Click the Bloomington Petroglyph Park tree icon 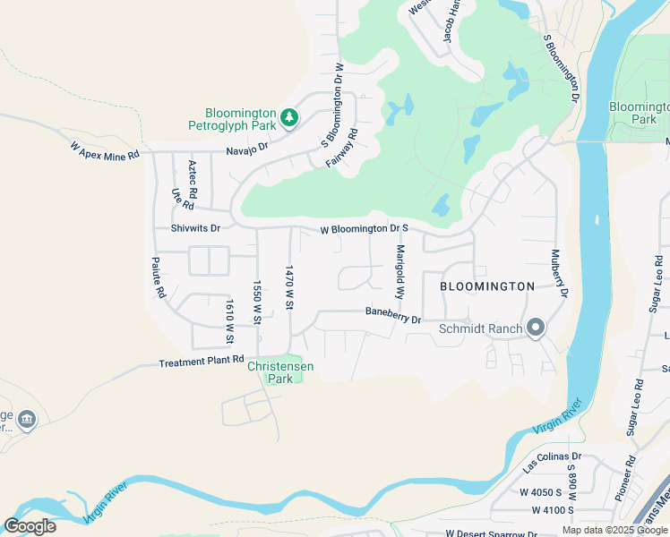pyautogui.click(x=288, y=116)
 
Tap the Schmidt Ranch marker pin pyautogui.click(x=535, y=328)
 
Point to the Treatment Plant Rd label pyautogui.click(x=202, y=362)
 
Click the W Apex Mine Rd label pyautogui.click(x=105, y=150)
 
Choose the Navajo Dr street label pyautogui.click(x=247, y=150)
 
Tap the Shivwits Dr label pyautogui.click(x=195, y=228)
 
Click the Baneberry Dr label pyautogui.click(x=392, y=314)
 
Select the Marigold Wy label pyautogui.click(x=400, y=272)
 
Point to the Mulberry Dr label pyautogui.click(x=558, y=273)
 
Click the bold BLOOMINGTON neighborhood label pyautogui.click(x=487, y=286)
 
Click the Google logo pyautogui.click(x=30, y=526)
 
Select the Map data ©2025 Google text pyautogui.click(x=614, y=530)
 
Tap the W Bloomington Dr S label pyautogui.click(x=365, y=230)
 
